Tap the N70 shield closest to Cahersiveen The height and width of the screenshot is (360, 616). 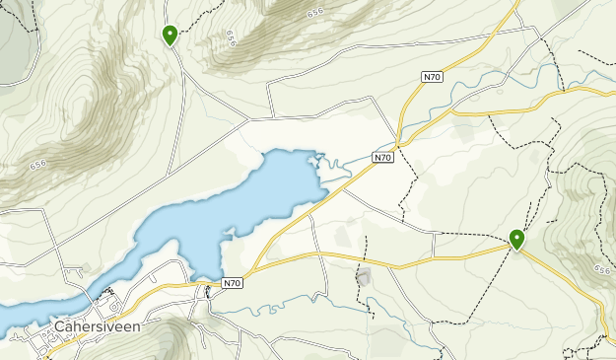[232, 282]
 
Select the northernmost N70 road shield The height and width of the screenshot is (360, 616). [431, 76]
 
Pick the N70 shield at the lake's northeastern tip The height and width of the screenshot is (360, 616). [383, 157]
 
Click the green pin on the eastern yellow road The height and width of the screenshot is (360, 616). [516, 238]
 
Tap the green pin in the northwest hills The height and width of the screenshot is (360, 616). [170, 36]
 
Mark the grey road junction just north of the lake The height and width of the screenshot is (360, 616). [247, 122]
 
